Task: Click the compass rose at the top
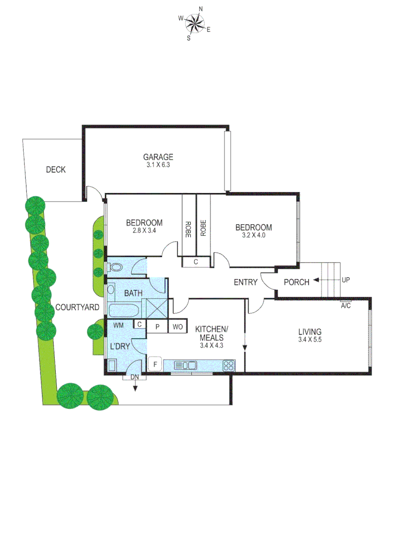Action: (x=194, y=23)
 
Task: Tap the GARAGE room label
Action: (x=158, y=157)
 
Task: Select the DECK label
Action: (x=55, y=169)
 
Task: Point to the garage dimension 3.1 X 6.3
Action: (x=158, y=165)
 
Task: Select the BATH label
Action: (x=133, y=293)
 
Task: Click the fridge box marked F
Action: (x=155, y=365)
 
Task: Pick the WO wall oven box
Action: (x=177, y=327)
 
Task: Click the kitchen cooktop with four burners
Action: (x=229, y=365)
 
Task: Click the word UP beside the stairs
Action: (x=346, y=280)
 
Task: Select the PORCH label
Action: (x=297, y=282)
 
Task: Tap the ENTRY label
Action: (x=246, y=282)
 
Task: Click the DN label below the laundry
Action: (x=135, y=377)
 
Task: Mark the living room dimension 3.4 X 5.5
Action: (x=310, y=339)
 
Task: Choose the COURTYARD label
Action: (x=77, y=307)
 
